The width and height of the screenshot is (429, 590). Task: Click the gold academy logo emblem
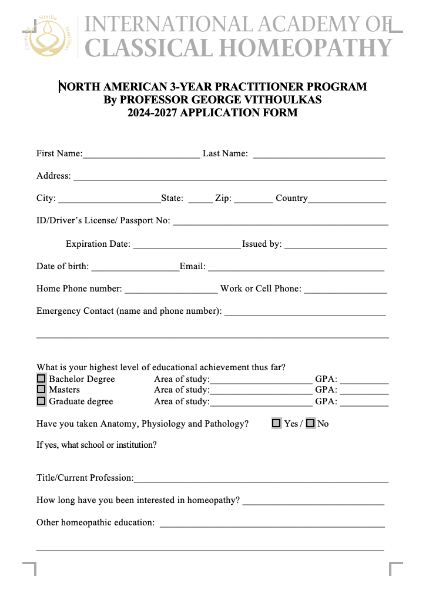[x=49, y=35]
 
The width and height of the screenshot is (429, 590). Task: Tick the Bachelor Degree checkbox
[x=41, y=379]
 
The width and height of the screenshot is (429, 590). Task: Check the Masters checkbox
[x=41, y=390]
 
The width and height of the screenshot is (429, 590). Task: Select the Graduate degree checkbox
[x=41, y=401]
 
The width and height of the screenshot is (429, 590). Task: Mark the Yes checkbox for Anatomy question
[x=276, y=423]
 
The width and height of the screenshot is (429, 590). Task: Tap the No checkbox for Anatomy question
[x=310, y=423]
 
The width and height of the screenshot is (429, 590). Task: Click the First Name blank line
[x=141, y=155]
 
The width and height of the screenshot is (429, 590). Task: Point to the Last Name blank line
[x=319, y=155]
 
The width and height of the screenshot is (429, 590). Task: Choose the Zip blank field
[x=253, y=200]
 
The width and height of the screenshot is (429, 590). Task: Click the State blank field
[x=200, y=200]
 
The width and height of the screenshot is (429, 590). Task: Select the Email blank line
[x=296, y=268]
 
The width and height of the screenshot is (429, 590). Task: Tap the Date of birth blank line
[x=135, y=268]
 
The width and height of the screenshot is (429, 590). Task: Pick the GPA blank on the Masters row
[x=364, y=391]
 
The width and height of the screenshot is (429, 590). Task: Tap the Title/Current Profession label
[x=85, y=478]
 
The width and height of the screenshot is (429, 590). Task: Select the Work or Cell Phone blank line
[x=346, y=290]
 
